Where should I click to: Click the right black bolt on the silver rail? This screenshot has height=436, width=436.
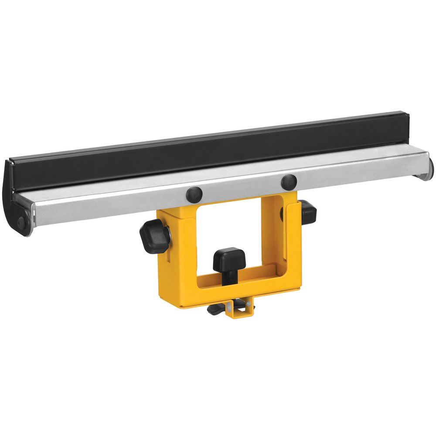[x=289, y=181]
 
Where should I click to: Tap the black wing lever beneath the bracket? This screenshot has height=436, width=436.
[x=218, y=309]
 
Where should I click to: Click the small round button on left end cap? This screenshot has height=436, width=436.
[x=20, y=221]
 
